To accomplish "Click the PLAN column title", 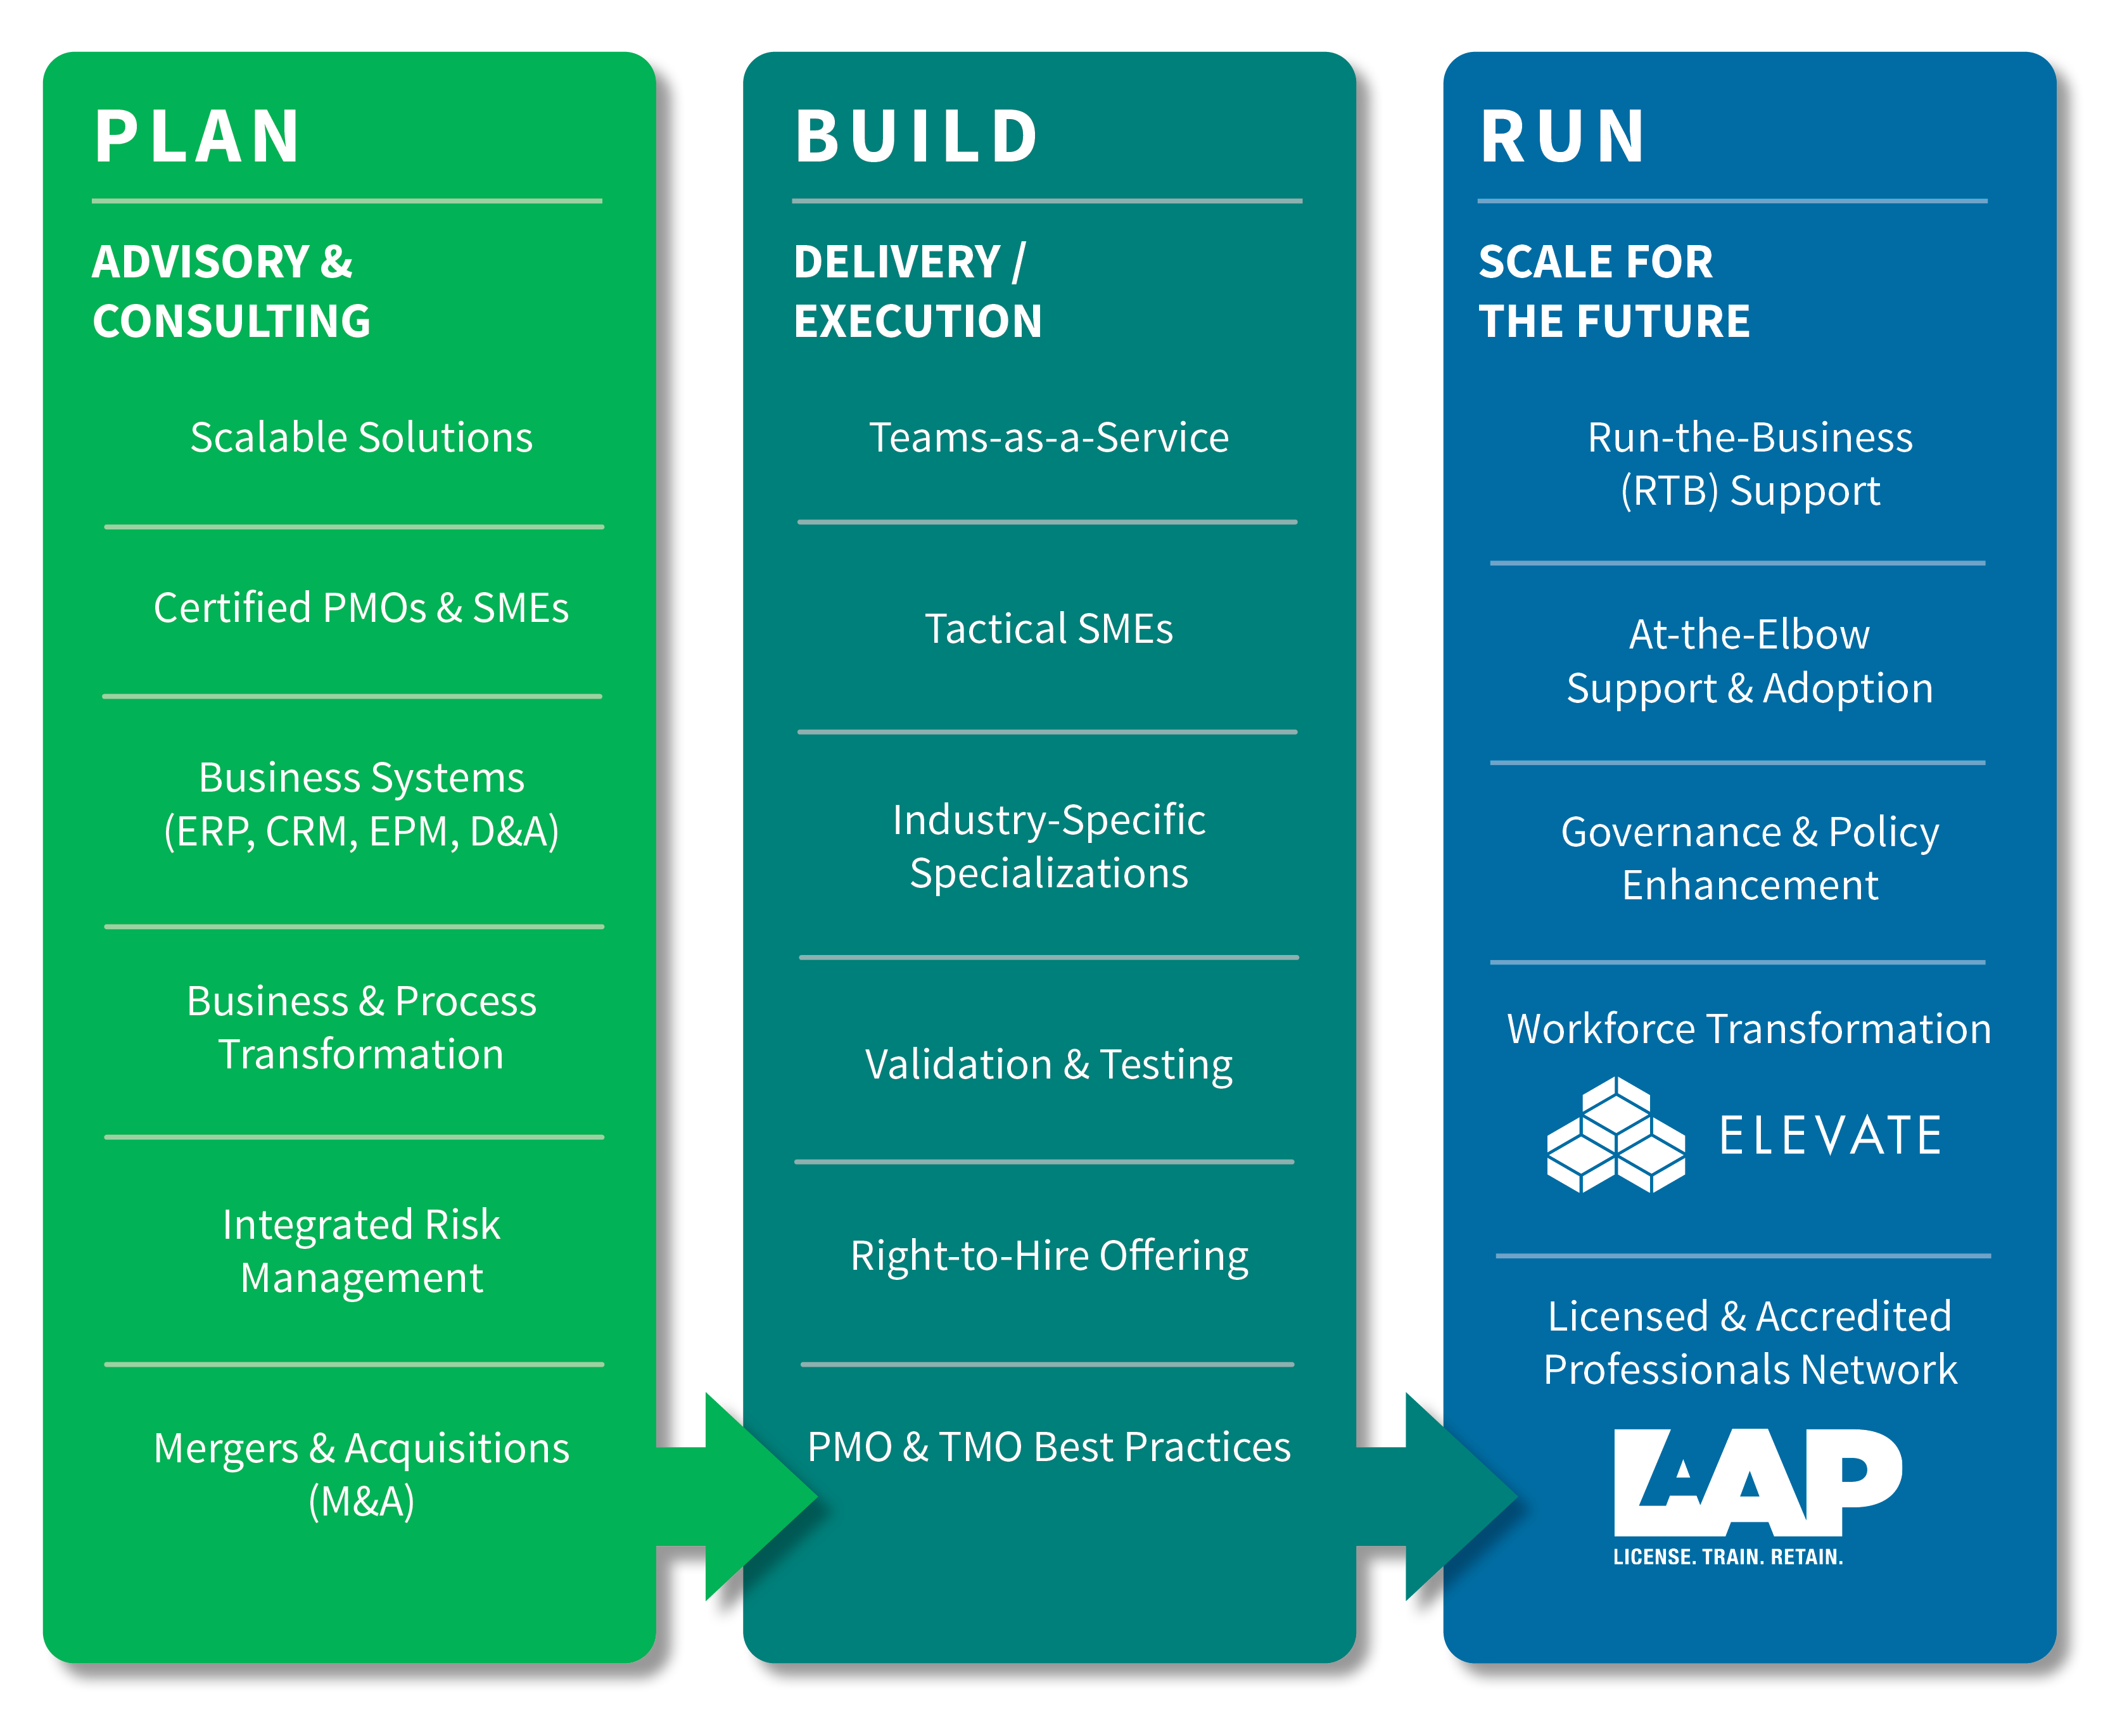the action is (198, 136).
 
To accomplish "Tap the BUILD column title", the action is (917, 136).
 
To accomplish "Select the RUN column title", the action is (1563, 136).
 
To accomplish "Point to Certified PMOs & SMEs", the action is (362, 607).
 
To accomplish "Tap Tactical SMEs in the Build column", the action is (1049, 628).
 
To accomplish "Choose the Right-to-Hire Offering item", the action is (1049, 1256).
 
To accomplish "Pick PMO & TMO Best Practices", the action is (1049, 1447).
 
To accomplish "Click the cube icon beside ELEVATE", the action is (1616, 1135).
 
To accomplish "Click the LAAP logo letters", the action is (1757, 1482).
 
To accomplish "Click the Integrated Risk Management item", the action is (362, 1251).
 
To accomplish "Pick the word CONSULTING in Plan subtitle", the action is (231, 321).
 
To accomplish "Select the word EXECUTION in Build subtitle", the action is (918, 321).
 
